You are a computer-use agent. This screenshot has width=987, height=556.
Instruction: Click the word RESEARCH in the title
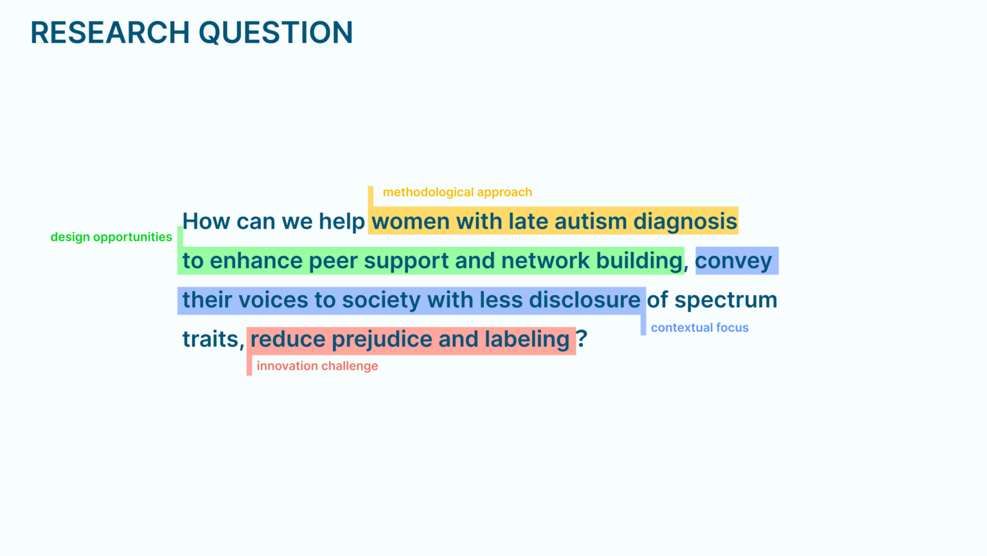point(110,33)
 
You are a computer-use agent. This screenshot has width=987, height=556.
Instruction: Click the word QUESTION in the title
point(276,33)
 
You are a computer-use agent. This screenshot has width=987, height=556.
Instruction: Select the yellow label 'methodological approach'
point(458,192)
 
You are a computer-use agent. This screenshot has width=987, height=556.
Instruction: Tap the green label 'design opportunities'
point(111,237)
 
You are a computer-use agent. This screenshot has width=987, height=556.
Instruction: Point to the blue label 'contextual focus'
point(700,328)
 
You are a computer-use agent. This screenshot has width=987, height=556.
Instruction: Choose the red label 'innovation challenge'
point(317,366)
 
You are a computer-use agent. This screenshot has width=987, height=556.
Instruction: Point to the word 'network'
point(545,260)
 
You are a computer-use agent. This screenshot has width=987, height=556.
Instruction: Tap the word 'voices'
point(273,300)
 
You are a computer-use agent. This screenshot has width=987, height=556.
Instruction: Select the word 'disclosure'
point(585,300)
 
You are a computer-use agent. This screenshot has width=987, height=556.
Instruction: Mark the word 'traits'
point(211,339)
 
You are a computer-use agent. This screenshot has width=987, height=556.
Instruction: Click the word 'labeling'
point(527,340)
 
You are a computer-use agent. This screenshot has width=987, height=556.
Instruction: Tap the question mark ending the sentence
point(582,339)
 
